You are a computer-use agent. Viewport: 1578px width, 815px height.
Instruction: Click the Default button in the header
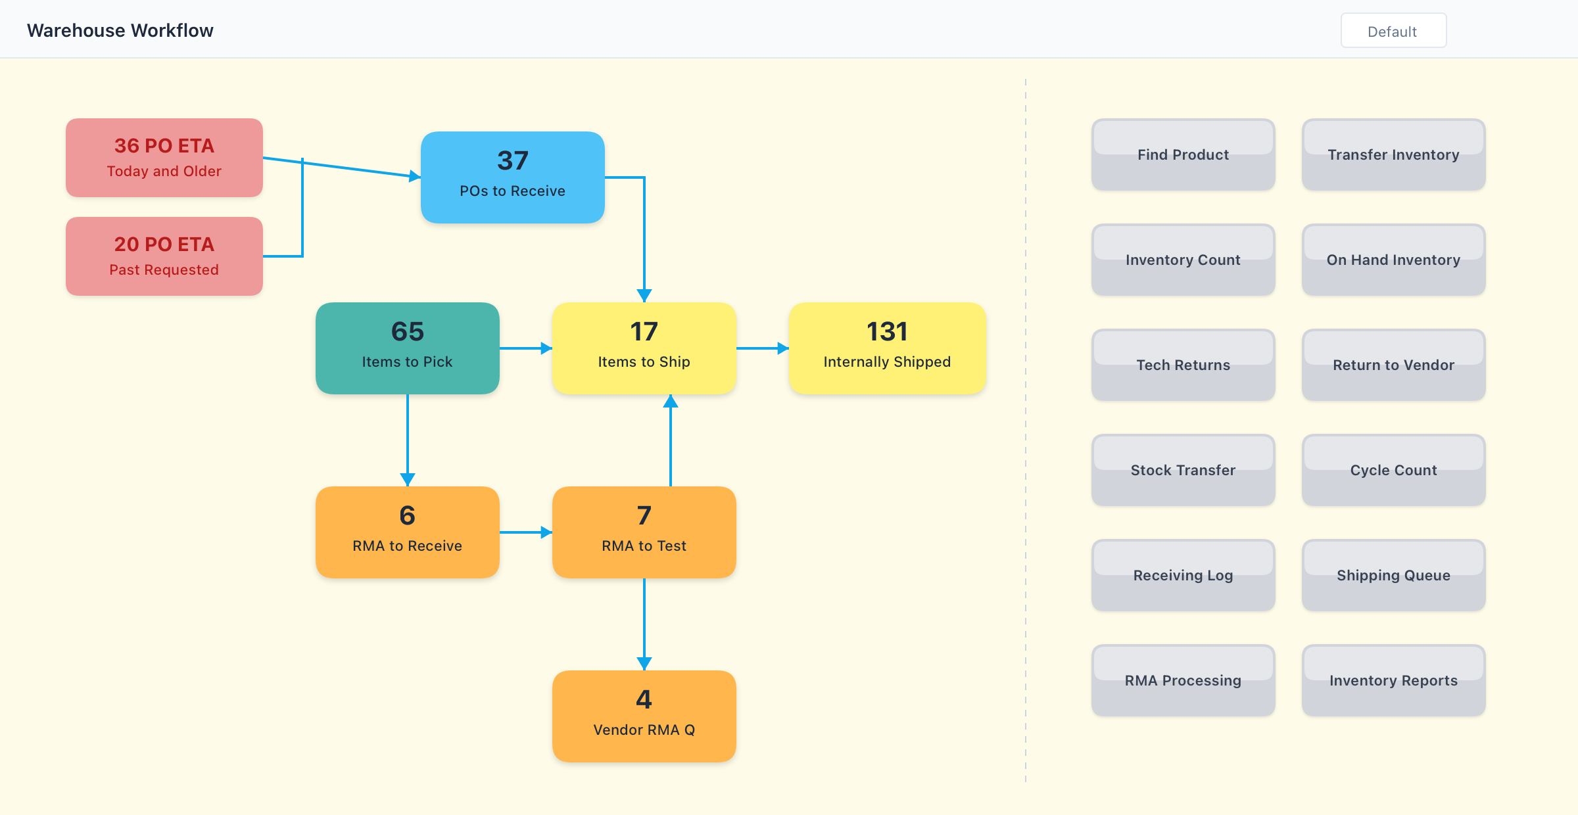(1393, 31)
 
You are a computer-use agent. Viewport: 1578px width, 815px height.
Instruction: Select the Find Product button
(1183, 155)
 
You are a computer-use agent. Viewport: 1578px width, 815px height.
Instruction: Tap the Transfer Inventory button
(1393, 155)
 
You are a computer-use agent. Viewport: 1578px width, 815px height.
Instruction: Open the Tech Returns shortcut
(1183, 365)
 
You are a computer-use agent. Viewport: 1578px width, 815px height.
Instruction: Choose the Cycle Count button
(1393, 471)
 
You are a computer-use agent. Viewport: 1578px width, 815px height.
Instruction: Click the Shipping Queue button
(1393, 576)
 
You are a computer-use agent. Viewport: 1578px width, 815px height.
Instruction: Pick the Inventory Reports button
(1393, 681)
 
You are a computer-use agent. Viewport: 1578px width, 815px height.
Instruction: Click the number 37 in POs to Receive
(513, 161)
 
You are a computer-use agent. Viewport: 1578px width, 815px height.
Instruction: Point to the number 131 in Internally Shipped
(887, 332)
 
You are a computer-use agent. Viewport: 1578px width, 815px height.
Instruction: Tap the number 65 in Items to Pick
(408, 332)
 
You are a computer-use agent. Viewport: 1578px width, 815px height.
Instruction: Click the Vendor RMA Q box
(644, 716)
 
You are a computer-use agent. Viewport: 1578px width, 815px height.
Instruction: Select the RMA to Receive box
(408, 532)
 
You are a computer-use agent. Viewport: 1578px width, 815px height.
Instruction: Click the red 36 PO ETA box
(164, 158)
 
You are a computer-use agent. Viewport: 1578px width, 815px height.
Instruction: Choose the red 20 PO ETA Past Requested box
(164, 256)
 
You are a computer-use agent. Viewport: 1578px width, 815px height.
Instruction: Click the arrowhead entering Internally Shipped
(783, 348)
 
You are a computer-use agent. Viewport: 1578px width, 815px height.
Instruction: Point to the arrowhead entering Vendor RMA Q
(644, 664)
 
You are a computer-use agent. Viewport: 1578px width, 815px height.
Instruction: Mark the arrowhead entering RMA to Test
(546, 532)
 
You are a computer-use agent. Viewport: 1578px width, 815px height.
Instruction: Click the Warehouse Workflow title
(120, 31)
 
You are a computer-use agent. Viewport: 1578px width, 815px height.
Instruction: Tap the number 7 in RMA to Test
(644, 516)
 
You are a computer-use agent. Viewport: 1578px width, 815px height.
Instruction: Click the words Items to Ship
(644, 362)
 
